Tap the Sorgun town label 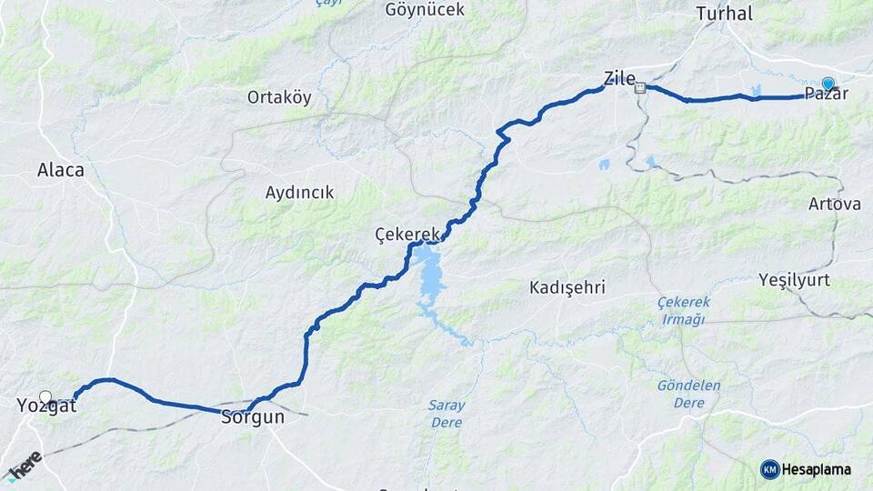pos(253,417)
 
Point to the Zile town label pos(619,77)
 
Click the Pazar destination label pos(827,94)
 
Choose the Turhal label pos(724,14)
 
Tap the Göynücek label pos(425,10)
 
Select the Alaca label pos(61,170)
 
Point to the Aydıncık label pos(299,193)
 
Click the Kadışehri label pos(567,287)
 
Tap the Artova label pos(835,204)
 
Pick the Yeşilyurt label pos(795,280)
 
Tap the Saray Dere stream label pos(446,415)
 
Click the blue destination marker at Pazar pos(828,84)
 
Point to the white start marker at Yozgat pos(45,396)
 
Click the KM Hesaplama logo pos(806,469)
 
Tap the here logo pos(24,465)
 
